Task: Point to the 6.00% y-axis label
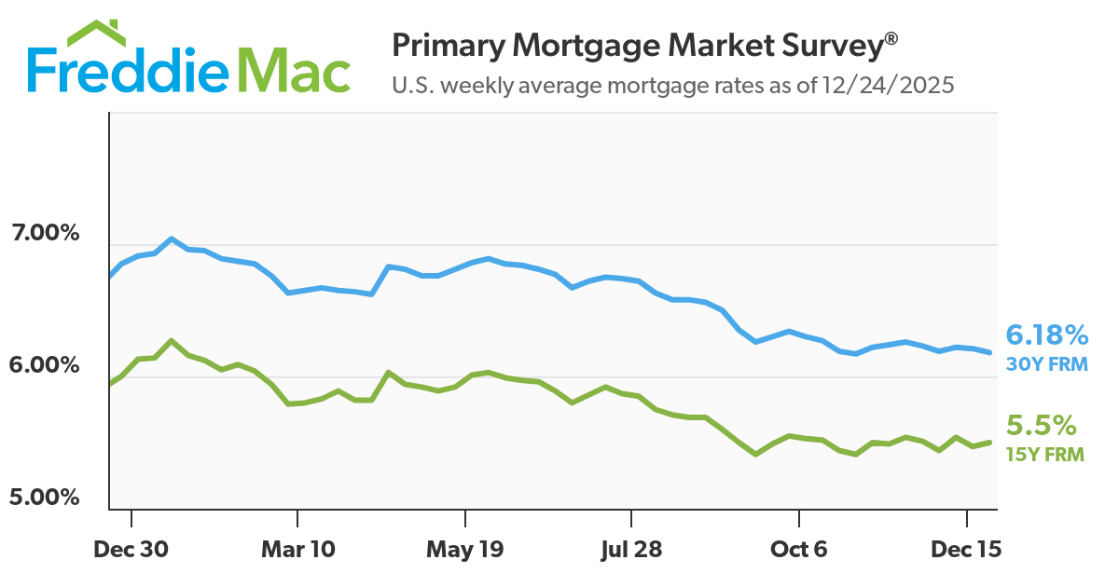coord(45,365)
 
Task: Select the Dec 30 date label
coord(131,550)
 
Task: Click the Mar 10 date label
coord(297,550)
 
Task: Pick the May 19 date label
coord(464,550)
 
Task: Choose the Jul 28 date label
coord(631,550)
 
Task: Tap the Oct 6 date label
coord(799,550)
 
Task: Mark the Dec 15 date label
coord(965,550)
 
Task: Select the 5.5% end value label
coord(1041,427)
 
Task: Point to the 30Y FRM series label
coord(1046,364)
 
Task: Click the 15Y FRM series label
coord(1044,456)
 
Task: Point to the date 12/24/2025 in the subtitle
coord(888,86)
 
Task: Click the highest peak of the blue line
coord(171,239)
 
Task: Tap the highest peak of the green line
coord(171,340)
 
